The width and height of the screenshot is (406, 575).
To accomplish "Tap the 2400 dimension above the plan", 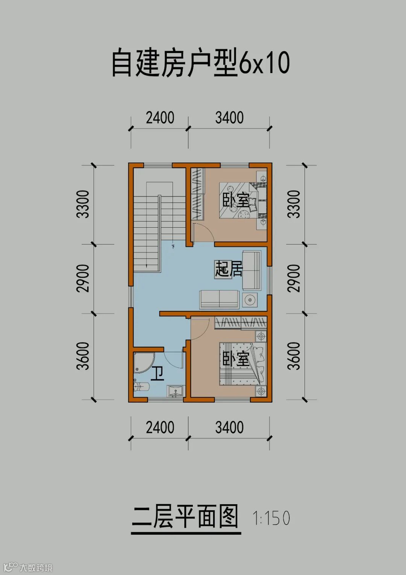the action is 160,118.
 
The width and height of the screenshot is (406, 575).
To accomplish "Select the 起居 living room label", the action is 229,269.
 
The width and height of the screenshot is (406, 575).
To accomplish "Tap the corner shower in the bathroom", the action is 144,362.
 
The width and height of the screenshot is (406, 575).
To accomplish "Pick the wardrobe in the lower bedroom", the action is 241,322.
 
